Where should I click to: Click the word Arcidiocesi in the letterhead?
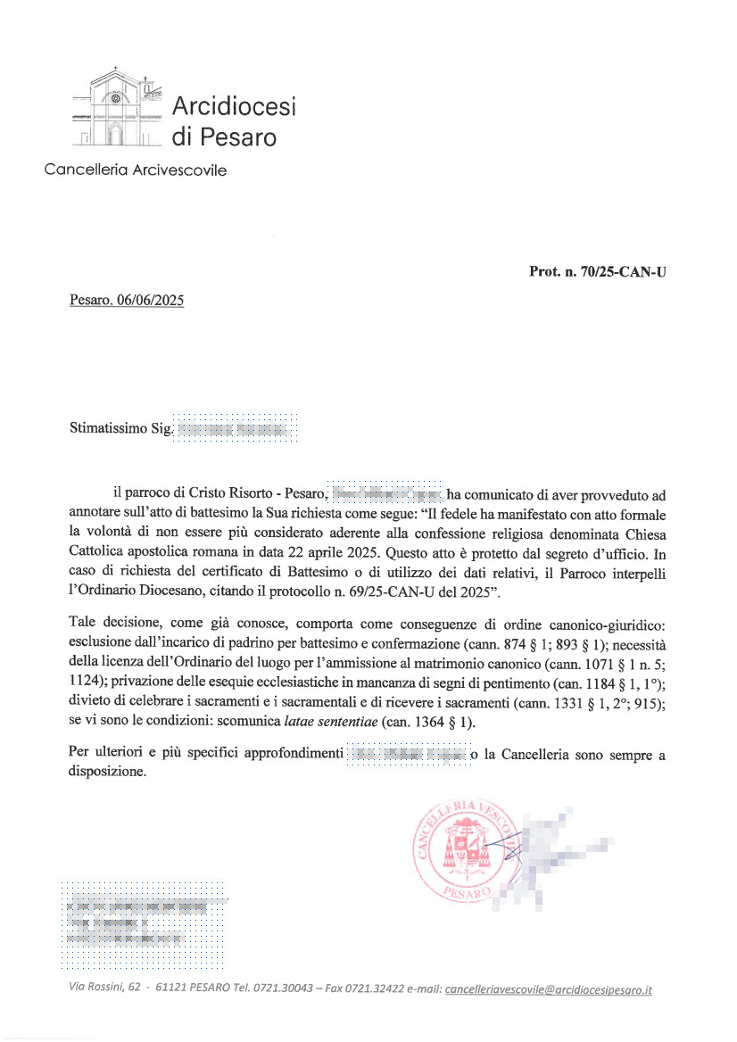[233, 107]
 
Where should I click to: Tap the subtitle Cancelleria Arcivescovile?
[135, 170]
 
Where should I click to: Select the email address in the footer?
[548, 989]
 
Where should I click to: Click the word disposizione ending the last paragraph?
[107, 773]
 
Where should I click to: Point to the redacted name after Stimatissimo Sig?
[234, 429]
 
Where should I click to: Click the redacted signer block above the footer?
[142, 923]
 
